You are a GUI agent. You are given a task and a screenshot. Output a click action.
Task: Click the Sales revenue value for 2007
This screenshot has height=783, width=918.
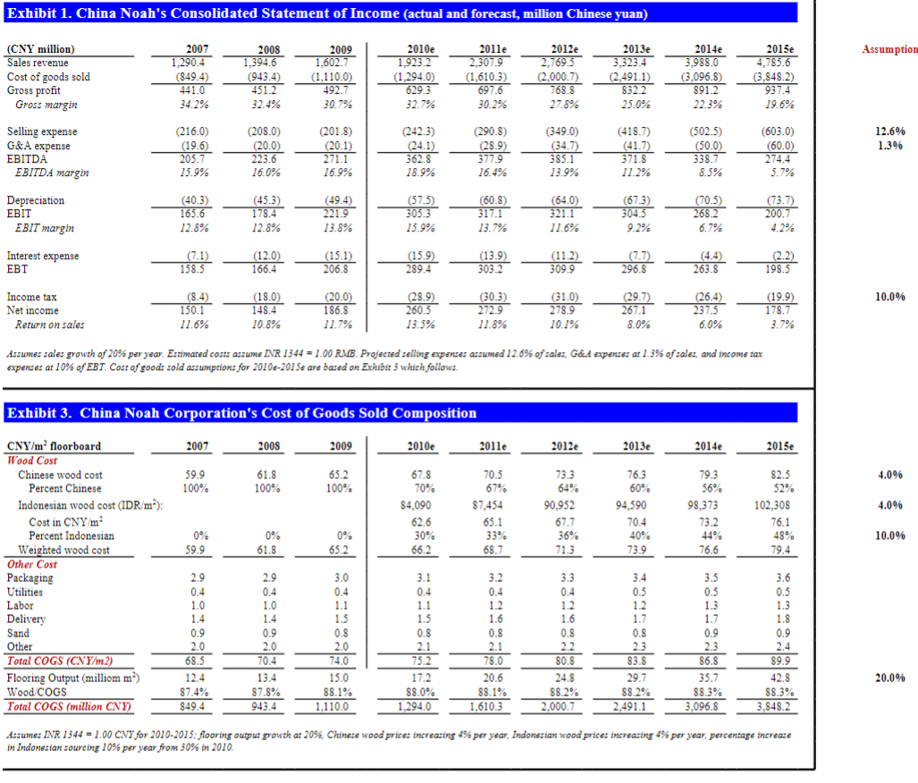pos(188,63)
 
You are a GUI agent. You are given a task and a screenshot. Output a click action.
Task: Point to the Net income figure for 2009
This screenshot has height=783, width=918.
pos(336,310)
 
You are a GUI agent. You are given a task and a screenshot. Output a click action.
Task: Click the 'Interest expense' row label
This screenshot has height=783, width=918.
pos(43,256)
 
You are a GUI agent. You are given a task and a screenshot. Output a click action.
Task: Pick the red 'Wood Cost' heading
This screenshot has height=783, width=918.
pos(31,460)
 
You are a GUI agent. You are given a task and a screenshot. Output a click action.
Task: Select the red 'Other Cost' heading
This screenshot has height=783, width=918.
pos(31,564)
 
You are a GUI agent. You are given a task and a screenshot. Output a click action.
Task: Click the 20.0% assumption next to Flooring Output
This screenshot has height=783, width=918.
pos(890,678)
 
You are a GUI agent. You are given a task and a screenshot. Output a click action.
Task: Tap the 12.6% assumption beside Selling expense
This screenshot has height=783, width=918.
pos(890,131)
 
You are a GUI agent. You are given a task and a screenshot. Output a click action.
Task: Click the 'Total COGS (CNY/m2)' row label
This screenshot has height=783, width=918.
pos(60,661)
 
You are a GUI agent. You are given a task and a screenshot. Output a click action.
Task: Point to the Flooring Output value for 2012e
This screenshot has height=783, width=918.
pos(564,678)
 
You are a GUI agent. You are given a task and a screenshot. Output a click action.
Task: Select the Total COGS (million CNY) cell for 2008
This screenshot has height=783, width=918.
pos(264,706)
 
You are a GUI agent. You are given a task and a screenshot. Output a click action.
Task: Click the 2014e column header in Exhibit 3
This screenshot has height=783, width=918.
pos(709,446)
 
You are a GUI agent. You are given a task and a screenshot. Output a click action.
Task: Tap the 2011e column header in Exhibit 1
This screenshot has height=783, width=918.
pos(493,49)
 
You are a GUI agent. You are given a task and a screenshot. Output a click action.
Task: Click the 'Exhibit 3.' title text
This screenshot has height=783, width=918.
pos(39,413)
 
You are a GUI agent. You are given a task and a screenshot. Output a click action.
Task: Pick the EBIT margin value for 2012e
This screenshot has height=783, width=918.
pos(564,228)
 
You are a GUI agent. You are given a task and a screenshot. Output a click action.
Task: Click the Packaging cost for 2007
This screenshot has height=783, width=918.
pos(198,577)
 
